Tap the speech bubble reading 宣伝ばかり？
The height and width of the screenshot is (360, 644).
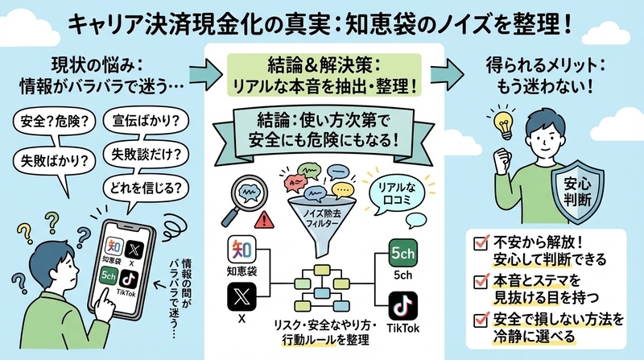pos(146,121)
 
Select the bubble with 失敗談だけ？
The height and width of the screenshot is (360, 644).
pos(147,155)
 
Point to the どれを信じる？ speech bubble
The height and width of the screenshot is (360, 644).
pos(146,188)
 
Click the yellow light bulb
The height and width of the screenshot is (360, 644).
pos(503,124)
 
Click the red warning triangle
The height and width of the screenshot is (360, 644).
pos(264,220)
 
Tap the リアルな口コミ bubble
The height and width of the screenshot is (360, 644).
pos(396,194)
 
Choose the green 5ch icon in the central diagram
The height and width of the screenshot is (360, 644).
pos(402,253)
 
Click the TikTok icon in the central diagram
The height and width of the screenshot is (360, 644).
pos(403,306)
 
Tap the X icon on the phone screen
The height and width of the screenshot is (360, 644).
pos(134,249)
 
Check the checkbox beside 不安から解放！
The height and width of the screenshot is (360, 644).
pos(481,242)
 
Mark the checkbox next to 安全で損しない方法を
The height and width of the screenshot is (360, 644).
pos(481,319)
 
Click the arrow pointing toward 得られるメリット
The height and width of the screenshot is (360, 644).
pos(448,73)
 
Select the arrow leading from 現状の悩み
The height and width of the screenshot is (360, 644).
pos(206,74)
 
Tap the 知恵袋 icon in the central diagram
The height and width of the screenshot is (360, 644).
pos(242,250)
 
